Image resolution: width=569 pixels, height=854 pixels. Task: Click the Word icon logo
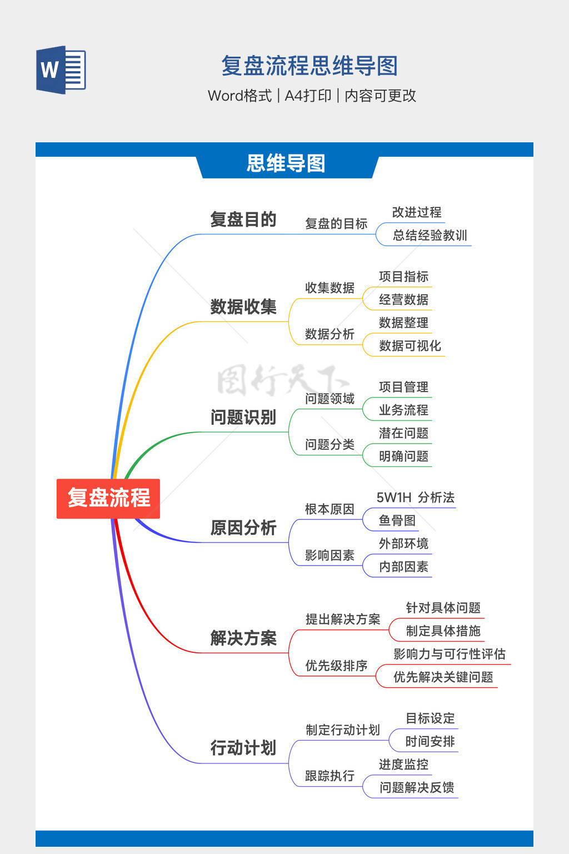tap(61, 70)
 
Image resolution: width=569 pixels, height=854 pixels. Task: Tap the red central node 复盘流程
tap(108, 498)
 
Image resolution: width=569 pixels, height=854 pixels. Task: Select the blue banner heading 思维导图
tap(286, 164)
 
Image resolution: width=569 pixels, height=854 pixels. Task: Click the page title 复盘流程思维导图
tap(310, 66)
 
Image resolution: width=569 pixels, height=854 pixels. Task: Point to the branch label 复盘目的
tap(243, 220)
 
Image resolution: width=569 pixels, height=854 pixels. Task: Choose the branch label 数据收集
tap(243, 307)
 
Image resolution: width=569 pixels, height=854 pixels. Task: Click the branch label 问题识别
tap(243, 417)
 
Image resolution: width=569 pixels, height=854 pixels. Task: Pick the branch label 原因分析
tap(243, 528)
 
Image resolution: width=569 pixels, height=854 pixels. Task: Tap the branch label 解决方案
tap(243, 638)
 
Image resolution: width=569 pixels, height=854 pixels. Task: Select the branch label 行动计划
tap(243, 748)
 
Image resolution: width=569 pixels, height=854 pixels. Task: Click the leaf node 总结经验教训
tap(430, 235)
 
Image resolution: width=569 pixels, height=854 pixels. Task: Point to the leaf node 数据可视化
tap(410, 346)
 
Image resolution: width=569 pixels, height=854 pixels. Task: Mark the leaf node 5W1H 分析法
tap(415, 498)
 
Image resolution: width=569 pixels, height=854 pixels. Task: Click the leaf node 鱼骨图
tap(397, 520)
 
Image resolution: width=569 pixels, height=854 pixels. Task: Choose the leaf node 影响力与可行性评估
tap(449, 654)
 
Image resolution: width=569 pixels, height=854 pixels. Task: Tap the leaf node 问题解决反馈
tap(417, 787)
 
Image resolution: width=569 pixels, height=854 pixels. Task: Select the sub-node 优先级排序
tap(336, 666)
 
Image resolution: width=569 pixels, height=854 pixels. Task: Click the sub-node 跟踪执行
tap(330, 776)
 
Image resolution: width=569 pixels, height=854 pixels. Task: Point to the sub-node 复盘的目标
tap(336, 224)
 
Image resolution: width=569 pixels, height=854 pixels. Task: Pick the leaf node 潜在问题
tap(403, 433)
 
